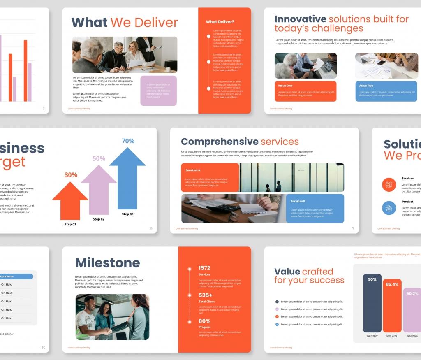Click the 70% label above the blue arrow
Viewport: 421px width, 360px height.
coord(128,141)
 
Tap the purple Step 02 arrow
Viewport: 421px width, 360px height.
coord(99,189)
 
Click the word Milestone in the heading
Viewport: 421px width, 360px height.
coord(108,263)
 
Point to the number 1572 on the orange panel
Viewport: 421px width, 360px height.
coord(204,268)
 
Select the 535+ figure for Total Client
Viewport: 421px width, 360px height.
coord(205,295)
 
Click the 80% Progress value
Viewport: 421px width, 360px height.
coord(204,321)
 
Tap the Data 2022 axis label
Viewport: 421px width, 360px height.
coord(372,336)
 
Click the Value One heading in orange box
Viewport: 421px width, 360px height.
coord(285,86)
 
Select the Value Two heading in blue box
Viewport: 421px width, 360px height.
coord(365,86)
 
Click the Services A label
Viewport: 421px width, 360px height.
coord(193,170)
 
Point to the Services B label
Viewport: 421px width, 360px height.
coord(298,201)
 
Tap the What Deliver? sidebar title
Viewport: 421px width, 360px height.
coord(220,22)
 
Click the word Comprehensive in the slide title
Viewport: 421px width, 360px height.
coord(220,142)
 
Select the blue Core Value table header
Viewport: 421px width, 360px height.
coord(16,276)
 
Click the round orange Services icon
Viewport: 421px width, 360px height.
coord(389,185)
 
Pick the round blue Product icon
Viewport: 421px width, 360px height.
coord(389,208)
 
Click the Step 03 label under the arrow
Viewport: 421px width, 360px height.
coord(127,214)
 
